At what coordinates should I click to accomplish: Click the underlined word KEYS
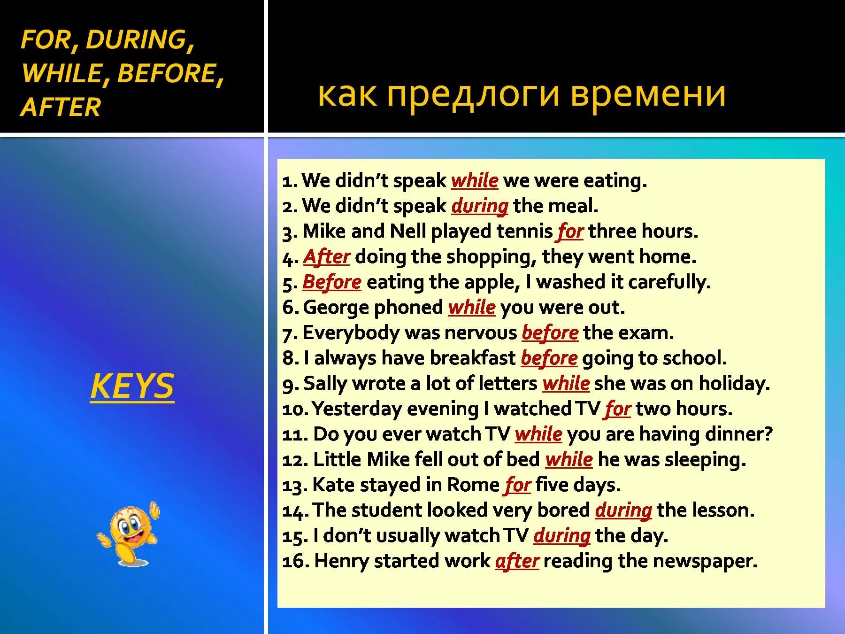(x=132, y=386)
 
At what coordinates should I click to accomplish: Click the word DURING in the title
(x=136, y=39)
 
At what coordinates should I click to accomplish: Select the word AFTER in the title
(x=61, y=107)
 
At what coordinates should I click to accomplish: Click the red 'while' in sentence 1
(x=474, y=181)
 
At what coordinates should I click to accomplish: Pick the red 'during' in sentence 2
(x=479, y=206)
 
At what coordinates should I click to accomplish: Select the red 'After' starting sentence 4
(x=327, y=257)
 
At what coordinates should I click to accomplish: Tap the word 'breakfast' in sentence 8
(x=472, y=358)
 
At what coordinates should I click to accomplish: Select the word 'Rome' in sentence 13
(x=473, y=485)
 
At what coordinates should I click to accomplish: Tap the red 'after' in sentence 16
(x=517, y=561)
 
